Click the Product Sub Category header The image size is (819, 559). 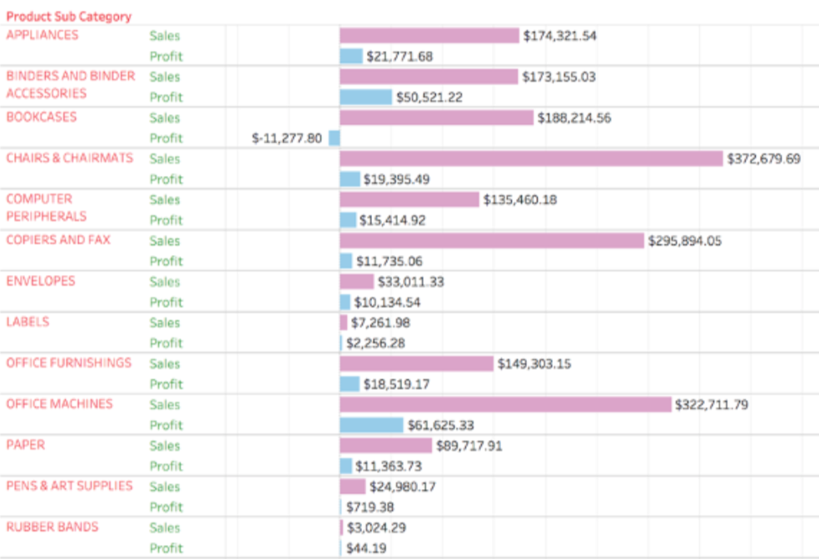pos(69,17)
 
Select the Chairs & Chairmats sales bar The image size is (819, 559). pos(531,158)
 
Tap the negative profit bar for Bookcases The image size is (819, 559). pos(334,138)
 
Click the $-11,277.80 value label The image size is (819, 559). pos(286,138)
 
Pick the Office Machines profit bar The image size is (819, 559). pos(371,425)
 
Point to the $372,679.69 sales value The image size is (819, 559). pos(764,158)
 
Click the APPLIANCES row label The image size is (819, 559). pos(42,35)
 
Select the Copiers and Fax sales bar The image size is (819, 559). pos(492,241)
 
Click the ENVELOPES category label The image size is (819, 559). pos(41,281)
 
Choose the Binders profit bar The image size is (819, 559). pos(365,97)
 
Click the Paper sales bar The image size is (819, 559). pos(385,446)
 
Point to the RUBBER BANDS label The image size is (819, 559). pos(52,527)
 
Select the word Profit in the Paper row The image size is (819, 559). pos(166,467)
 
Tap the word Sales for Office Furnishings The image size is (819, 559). pos(165,364)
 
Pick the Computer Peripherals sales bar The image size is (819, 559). pos(409,200)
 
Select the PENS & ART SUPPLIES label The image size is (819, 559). pos(69,486)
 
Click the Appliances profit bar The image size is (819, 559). pos(350,57)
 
